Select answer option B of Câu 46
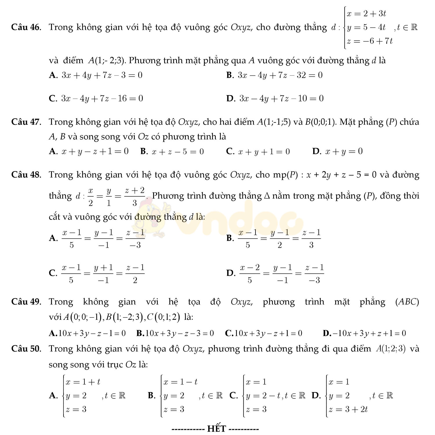274,75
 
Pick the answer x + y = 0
344,151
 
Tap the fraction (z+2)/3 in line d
134,196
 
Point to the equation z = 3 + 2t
348,409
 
